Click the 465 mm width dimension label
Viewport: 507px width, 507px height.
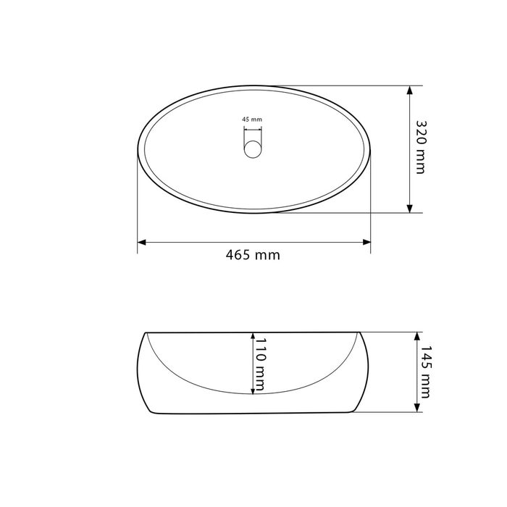(x=253, y=255)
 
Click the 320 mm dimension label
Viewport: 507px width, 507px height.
(x=421, y=147)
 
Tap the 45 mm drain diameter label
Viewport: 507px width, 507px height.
(x=252, y=120)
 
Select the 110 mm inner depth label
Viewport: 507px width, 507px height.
(x=260, y=364)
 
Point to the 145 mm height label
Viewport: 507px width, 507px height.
(x=425, y=372)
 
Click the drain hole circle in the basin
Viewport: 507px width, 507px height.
(x=253, y=149)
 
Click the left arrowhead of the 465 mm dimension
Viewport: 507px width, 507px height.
(x=142, y=242)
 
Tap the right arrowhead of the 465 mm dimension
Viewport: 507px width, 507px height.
(x=366, y=242)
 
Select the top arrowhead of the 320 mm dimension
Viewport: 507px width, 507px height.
(x=410, y=90)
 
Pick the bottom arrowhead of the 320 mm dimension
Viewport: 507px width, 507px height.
(x=410, y=209)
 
